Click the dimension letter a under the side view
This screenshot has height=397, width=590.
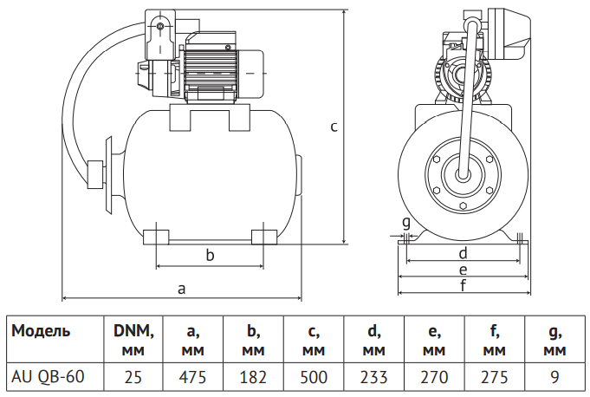182,289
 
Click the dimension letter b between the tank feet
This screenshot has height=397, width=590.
210,255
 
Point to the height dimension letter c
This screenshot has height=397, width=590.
334,127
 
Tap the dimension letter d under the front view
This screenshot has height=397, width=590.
463,253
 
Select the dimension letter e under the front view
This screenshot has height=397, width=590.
463,270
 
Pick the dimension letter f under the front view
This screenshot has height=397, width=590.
464,285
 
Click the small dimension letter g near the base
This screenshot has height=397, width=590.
406,223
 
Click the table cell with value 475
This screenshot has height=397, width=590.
192,377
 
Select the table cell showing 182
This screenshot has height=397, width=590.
253,377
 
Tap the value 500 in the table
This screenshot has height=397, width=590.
314,377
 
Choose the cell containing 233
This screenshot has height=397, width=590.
373,377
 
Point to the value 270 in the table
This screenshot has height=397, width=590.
434,377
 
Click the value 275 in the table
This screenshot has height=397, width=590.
495,377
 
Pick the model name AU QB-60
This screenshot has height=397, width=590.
48,377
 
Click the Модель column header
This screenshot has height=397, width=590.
41,331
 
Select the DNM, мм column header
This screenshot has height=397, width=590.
133,340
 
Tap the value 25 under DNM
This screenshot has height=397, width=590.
133,377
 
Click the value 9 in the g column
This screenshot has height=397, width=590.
554,377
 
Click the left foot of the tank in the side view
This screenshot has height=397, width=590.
156,238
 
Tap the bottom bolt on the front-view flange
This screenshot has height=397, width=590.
463,205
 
